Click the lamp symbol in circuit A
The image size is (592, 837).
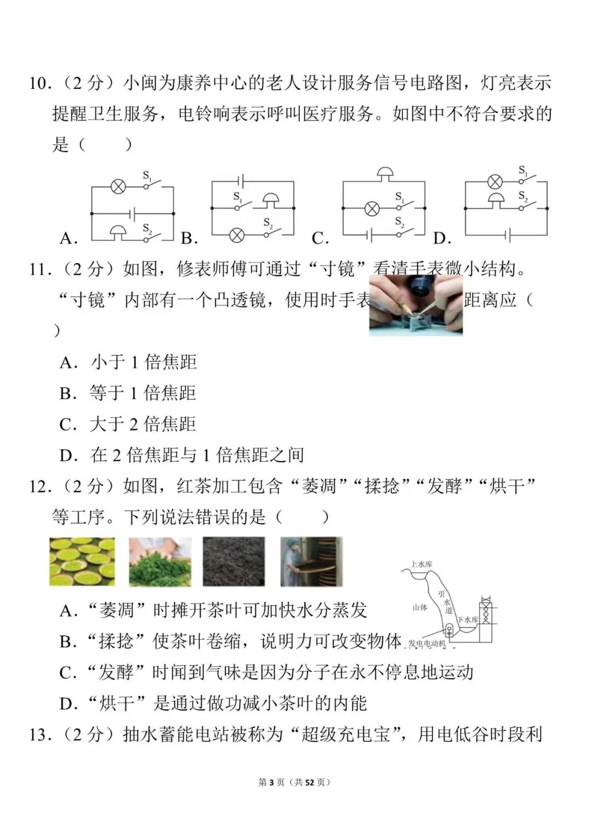point(118,187)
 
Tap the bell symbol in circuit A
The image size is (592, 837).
point(118,232)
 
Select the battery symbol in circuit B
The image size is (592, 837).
point(240,181)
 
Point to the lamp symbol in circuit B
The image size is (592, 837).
point(236,235)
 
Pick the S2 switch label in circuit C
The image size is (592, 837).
point(400,222)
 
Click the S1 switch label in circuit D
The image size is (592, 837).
point(523,171)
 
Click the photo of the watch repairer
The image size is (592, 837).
point(415,305)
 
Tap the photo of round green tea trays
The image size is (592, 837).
point(82,561)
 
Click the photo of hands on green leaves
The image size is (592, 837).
point(160,561)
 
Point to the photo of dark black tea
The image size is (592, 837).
point(234,561)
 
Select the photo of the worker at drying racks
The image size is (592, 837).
point(311,561)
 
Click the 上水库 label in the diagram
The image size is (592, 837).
point(422,564)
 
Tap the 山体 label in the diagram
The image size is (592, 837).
point(420,607)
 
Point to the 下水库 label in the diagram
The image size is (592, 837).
point(468,620)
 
